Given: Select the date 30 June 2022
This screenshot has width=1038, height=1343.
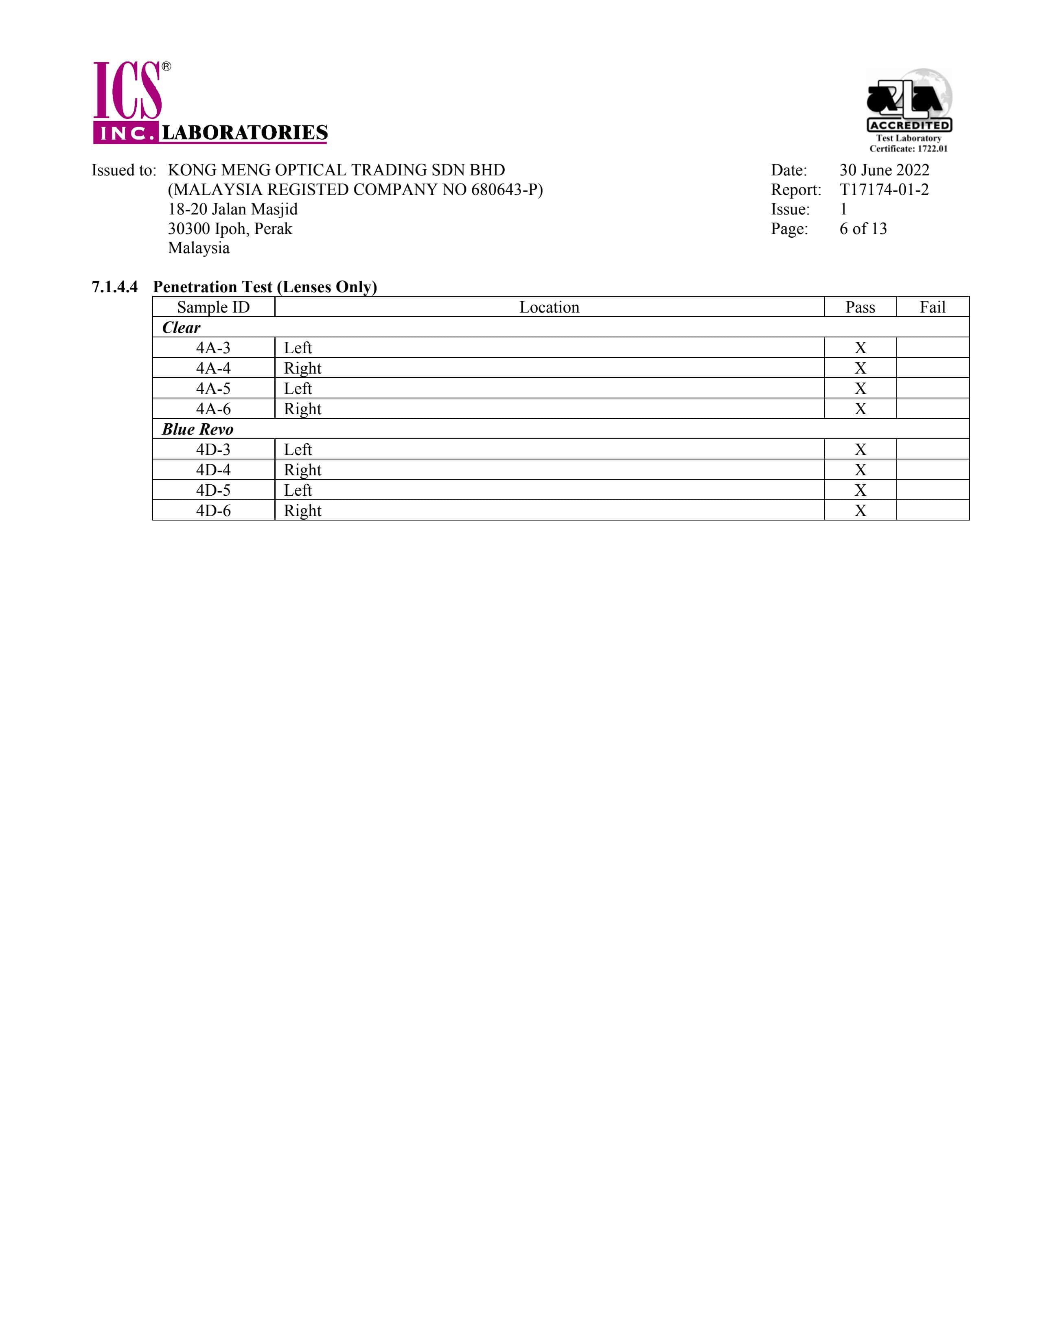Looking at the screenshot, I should coord(884,171).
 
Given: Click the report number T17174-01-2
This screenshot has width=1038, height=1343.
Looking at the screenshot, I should coord(884,190).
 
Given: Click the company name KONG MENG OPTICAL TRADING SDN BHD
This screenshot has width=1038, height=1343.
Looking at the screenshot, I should coord(336,171).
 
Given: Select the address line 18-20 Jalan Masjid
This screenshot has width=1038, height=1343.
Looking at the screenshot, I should coord(232,210).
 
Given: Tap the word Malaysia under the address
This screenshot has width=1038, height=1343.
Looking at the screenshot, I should coord(199,248).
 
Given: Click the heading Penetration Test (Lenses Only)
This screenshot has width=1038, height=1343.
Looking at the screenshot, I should coord(265,287).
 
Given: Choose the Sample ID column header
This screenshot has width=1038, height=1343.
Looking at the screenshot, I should coord(213,307).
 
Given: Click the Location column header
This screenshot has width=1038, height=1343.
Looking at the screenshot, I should coord(549,307).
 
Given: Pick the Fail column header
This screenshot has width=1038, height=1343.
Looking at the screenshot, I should coord(932,307).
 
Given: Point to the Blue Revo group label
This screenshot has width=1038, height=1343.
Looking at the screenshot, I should coord(197,429).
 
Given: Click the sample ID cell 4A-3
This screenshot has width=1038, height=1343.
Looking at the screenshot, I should coord(213,348).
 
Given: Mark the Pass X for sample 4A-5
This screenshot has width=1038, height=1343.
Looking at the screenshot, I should coord(860,389).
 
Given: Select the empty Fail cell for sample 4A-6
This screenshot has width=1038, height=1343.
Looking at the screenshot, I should coord(932,409).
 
